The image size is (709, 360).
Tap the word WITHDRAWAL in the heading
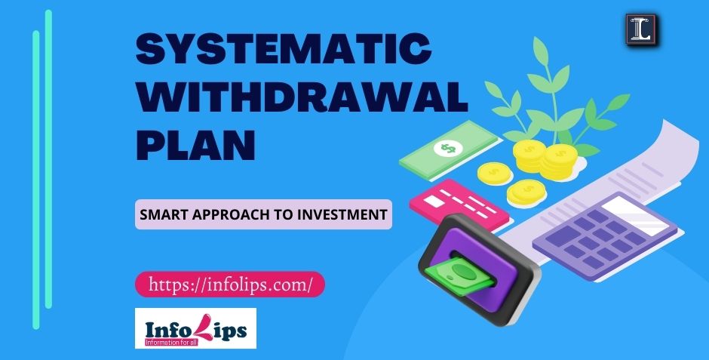(301, 99)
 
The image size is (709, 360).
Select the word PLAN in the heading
(195, 144)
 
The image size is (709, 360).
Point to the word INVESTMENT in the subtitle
(346, 215)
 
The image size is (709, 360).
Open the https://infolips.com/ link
(230, 285)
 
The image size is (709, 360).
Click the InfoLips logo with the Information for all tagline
(195, 328)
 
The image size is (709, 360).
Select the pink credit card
(460, 204)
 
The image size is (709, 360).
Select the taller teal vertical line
(49, 158)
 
